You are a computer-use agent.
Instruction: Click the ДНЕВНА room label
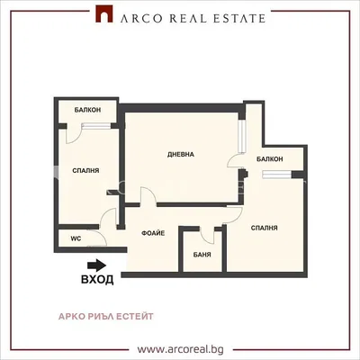[x=181, y=155]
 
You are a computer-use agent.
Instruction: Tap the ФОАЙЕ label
[x=153, y=233]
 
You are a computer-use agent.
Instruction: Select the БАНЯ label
[x=202, y=255]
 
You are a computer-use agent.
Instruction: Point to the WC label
[x=76, y=238]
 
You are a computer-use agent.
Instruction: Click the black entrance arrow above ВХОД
[x=96, y=265]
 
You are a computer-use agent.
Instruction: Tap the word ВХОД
[x=97, y=279]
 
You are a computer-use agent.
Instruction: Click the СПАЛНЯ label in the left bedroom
[x=85, y=171]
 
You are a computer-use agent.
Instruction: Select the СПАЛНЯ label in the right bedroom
[x=265, y=228]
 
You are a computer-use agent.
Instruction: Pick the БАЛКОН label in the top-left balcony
[x=87, y=110]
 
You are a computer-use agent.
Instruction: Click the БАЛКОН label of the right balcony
[x=270, y=159]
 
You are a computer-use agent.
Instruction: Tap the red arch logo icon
[x=104, y=13]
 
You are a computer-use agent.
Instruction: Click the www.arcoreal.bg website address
[x=181, y=349]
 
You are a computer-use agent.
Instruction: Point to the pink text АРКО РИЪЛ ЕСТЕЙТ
[x=106, y=316]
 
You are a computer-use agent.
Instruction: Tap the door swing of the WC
[x=99, y=238]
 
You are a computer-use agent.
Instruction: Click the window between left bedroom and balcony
[x=96, y=126]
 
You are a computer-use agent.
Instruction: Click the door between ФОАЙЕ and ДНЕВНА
[x=148, y=196]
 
